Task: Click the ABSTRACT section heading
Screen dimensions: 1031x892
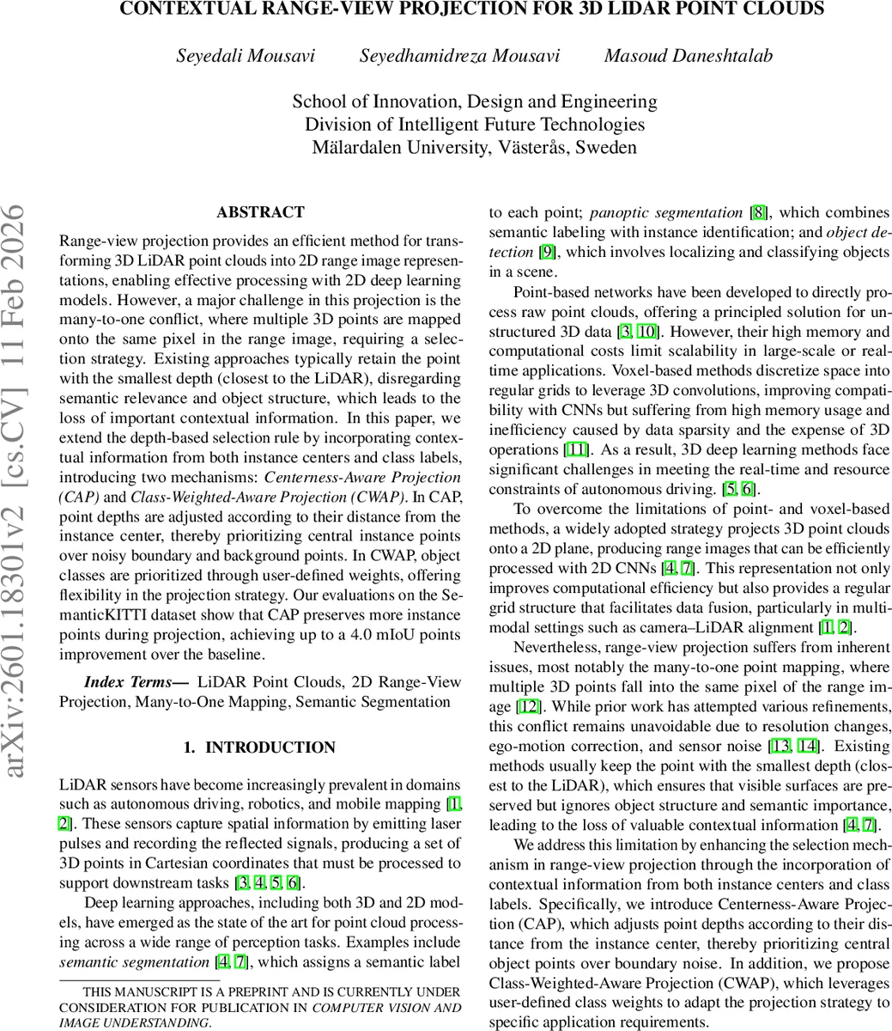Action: pos(260,212)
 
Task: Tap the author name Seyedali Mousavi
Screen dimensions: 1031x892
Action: pos(246,56)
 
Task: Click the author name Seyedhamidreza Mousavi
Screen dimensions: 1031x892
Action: pos(459,56)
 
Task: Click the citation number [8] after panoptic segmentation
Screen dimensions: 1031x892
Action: pos(760,212)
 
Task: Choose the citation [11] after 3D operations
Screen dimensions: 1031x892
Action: pos(576,450)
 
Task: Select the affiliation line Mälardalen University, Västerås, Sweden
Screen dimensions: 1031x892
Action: pos(475,147)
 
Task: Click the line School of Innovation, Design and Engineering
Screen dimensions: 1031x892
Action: pos(475,101)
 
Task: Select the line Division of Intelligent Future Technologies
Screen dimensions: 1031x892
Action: pos(475,125)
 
